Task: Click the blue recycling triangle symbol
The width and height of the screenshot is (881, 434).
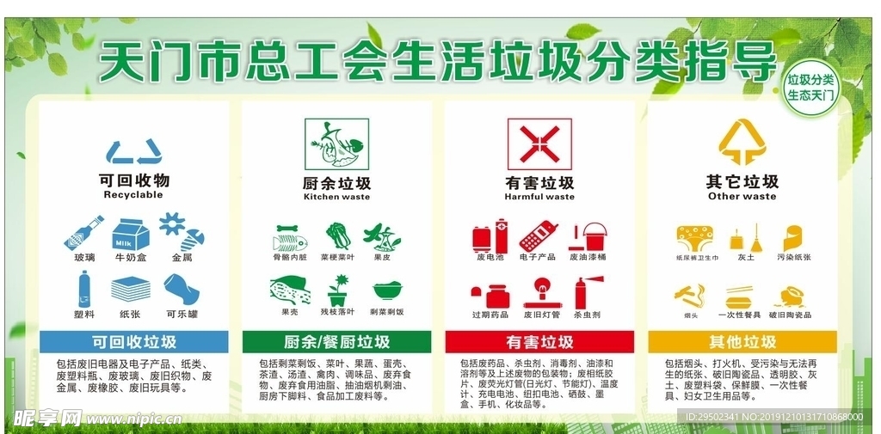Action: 133,152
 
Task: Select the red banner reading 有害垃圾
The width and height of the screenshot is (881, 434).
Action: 539,341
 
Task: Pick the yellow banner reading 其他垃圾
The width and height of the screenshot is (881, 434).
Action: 742,341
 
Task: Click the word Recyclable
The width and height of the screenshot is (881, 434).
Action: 133,195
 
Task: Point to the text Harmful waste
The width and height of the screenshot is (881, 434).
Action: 539,197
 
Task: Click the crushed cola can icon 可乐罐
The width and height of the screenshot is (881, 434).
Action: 182,290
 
